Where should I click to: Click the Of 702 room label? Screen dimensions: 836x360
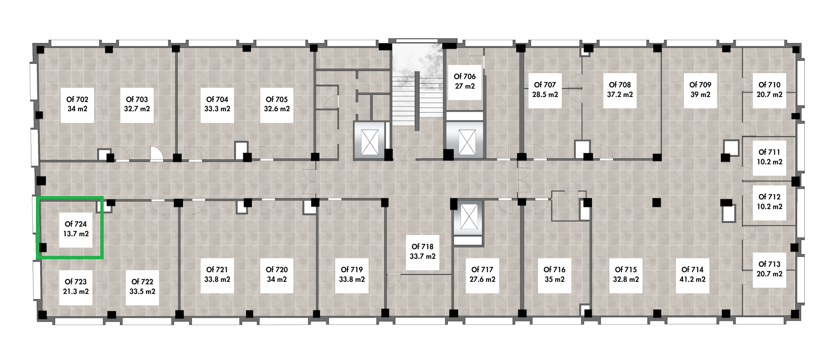(77, 100)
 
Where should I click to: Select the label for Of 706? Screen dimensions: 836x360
(465, 77)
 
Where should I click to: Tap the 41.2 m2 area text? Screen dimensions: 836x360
(693, 279)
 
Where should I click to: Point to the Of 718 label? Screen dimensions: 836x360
(423, 247)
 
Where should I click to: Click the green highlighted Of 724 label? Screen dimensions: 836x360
(76, 225)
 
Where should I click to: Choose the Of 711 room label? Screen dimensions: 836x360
(770, 152)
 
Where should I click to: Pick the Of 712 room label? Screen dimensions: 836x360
(770, 197)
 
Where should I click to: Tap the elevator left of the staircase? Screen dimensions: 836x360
(368, 140)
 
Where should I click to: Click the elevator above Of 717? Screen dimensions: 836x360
(468, 217)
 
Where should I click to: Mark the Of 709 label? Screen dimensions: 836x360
(700, 85)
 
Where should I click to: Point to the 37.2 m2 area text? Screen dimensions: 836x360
(620, 94)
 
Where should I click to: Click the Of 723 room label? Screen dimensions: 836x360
(76, 282)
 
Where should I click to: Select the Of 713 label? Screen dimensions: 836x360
(770, 264)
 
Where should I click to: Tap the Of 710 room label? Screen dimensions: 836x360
(770, 85)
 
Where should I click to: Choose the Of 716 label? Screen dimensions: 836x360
(554, 270)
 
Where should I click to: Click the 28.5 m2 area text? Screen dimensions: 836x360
(545, 94)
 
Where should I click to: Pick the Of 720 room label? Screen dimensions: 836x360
(277, 270)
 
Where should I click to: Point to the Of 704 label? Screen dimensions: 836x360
(217, 100)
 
